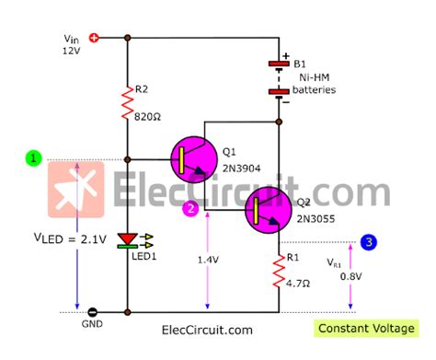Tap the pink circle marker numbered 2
click(189, 209)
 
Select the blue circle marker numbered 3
click(368, 242)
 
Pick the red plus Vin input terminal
click(95, 38)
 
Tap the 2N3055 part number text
click(316, 221)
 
